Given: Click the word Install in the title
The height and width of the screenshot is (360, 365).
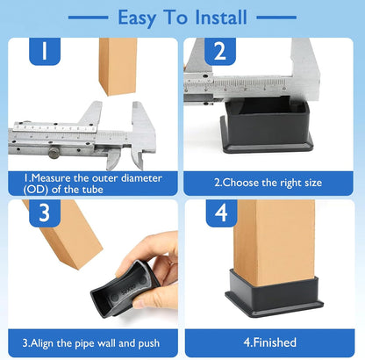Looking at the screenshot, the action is point(221,18).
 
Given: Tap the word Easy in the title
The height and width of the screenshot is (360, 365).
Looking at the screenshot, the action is point(137,18).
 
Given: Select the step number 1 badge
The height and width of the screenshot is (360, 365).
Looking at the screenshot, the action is point(45,51).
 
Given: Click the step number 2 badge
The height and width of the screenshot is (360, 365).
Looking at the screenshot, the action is point(220,51).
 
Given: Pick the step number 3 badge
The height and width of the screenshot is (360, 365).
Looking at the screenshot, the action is point(45,213).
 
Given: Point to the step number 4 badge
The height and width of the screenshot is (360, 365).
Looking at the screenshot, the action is point(221,213).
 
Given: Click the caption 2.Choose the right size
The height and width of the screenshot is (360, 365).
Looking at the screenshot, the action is point(268,183).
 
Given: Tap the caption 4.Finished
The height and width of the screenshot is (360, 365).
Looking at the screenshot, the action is point(270,342).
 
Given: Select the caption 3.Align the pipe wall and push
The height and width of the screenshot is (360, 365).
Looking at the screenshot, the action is point(91,343).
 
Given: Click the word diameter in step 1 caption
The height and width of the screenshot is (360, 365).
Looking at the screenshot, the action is point(141,178).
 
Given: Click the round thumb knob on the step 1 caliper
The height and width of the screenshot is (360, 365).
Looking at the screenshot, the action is point(54,152).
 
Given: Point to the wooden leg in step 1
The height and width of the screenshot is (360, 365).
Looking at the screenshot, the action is point(118,66).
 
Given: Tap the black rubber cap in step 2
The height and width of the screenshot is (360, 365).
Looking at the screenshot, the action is point(266,125).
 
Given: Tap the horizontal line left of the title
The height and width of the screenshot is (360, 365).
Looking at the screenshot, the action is point(88,18).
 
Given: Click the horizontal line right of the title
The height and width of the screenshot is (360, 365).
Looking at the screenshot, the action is point(276,18).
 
